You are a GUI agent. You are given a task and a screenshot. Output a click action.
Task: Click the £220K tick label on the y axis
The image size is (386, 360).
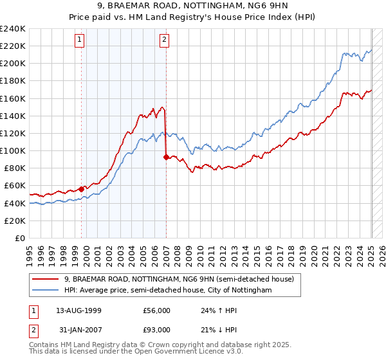(x=12, y=46)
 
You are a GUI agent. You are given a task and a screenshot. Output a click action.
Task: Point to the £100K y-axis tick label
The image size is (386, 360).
(x=12, y=150)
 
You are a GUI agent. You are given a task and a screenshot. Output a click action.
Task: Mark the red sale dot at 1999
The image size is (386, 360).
(x=82, y=189)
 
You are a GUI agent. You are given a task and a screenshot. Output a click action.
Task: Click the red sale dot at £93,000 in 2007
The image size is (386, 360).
(x=167, y=157)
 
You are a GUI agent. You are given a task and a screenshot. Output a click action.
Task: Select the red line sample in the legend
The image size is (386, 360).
(x=45, y=279)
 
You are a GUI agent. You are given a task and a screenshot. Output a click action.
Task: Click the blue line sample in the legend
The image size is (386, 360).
(x=45, y=291)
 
